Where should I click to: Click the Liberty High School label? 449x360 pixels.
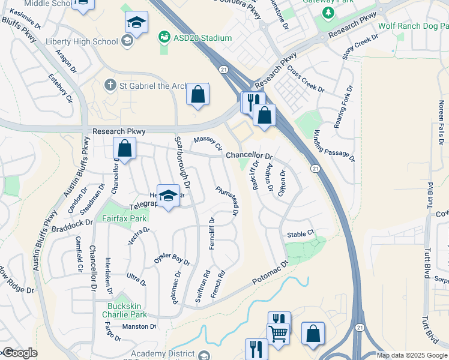[82, 41]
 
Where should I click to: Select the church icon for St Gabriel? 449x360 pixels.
[110, 85]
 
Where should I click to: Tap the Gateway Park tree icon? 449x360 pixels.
[328, 13]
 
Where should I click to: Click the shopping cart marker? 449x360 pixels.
[278, 334]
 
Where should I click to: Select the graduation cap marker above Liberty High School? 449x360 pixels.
[136, 23]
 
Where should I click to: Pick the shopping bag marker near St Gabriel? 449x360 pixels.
[197, 94]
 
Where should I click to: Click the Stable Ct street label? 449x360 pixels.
[301, 234]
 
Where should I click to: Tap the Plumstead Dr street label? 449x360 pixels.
[228, 200]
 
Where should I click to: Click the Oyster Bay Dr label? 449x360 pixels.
[172, 259]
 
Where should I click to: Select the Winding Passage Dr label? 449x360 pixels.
[335, 146]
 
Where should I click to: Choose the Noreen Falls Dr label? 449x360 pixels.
[441, 117]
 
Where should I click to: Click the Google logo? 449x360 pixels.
[19, 353]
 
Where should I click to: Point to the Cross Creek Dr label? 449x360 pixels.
[305, 79]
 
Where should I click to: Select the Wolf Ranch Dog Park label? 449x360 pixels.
[413, 26]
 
